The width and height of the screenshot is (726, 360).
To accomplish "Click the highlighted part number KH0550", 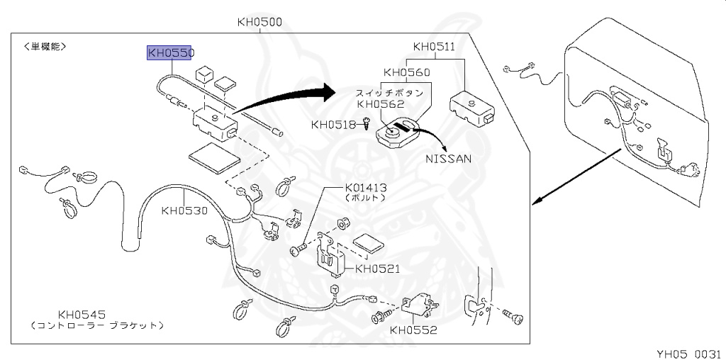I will point(170,52).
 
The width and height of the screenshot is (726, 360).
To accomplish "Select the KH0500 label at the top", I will point(259,22).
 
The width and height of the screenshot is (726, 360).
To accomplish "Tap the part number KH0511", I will point(434,47).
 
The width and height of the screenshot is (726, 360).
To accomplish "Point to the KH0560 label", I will point(406,72).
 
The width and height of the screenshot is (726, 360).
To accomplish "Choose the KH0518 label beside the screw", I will point(333,125).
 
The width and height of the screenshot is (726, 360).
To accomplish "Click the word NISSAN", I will point(448,159).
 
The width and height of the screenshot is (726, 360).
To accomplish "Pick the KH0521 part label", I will point(377,269).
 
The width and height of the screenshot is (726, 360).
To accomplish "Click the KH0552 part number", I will point(413,330).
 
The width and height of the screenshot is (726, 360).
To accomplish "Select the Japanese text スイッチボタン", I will point(389,93).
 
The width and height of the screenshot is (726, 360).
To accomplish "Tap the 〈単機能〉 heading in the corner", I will point(45,46).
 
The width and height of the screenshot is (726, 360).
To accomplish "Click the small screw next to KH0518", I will point(367,124).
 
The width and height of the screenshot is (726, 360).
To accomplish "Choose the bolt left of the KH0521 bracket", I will point(296,249).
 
